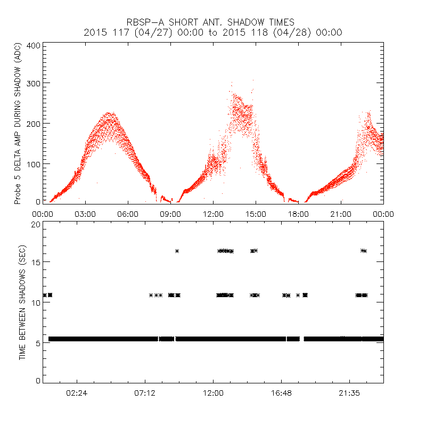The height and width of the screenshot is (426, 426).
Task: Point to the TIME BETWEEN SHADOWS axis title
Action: (x=22, y=302)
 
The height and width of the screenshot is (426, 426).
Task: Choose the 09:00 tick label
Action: (x=170, y=214)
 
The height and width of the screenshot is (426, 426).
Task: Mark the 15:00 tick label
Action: (x=256, y=214)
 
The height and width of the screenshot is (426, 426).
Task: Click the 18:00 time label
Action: (x=298, y=214)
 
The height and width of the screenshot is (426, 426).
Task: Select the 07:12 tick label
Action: (x=145, y=392)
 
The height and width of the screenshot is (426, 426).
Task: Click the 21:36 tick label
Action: (x=349, y=392)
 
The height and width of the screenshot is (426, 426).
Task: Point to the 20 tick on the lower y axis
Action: (x=36, y=224)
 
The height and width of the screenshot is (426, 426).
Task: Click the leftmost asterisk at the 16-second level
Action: (x=177, y=251)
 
